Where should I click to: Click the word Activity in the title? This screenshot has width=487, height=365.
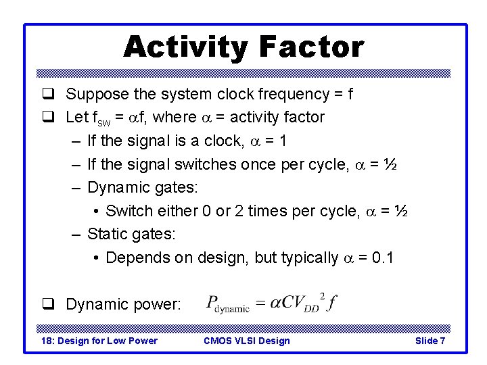pos(183,47)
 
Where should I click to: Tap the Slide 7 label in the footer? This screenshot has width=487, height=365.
pos(430,341)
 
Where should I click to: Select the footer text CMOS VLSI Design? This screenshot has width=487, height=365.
pos(246,341)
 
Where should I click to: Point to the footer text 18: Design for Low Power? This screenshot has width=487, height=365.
pos(99,341)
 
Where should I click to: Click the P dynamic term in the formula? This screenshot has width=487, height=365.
pos(227,304)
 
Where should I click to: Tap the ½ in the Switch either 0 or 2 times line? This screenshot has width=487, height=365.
pos(401,211)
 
